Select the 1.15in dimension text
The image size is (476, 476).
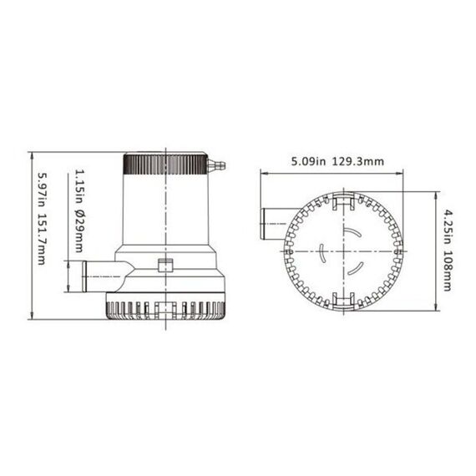78,186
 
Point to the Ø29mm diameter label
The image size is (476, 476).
78,230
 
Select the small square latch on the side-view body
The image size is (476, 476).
165,268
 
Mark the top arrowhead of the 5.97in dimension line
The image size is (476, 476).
30,156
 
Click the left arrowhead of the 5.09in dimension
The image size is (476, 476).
264,174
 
